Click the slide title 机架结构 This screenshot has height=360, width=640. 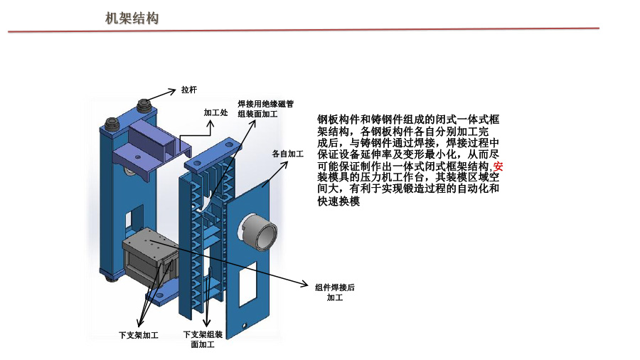[132, 18]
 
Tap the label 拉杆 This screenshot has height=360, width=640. [188, 90]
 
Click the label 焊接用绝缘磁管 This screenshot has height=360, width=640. [265, 104]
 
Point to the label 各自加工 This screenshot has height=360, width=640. [287, 153]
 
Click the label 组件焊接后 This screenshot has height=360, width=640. [334, 287]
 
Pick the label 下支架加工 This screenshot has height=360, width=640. [138, 334]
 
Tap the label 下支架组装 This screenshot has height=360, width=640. [203, 334]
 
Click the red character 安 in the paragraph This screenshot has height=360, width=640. [498, 166]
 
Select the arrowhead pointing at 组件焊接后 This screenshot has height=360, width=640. [306, 282]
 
